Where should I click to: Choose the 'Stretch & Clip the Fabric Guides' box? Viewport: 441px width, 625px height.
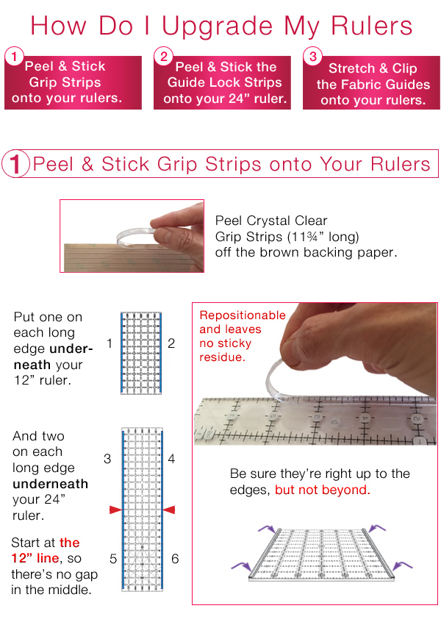pos(372,84)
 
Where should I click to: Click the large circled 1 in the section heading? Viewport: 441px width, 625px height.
pos(14,165)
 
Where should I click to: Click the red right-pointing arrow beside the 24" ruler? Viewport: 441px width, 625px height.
pos(115,509)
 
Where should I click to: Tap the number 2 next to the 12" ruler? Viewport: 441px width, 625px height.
pos(171,343)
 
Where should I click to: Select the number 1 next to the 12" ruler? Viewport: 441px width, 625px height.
pos(109,343)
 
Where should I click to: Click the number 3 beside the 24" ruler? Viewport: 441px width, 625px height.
pos(107,459)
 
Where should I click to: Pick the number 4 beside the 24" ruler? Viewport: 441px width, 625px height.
pos(171,459)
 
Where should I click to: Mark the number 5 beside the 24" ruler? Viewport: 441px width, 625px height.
pos(113,559)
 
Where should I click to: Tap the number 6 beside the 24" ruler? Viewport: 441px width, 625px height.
pos(175,559)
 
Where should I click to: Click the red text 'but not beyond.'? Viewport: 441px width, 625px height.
pos(322,490)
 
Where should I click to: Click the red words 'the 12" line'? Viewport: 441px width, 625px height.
pos(46,551)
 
